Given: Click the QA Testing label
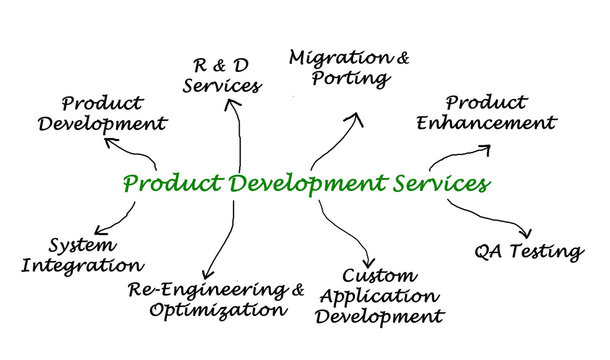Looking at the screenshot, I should [x=528, y=251].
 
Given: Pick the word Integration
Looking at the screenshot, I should [x=81, y=266].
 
